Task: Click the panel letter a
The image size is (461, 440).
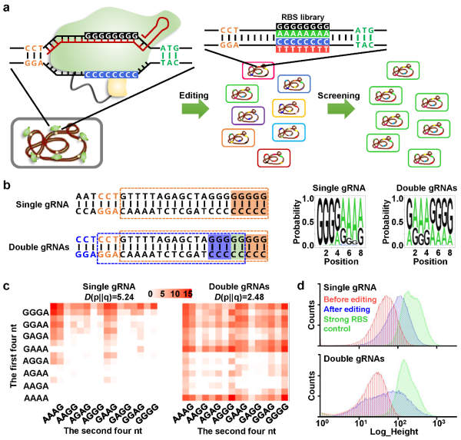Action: point(7,8)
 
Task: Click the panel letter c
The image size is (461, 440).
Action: point(7,286)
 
